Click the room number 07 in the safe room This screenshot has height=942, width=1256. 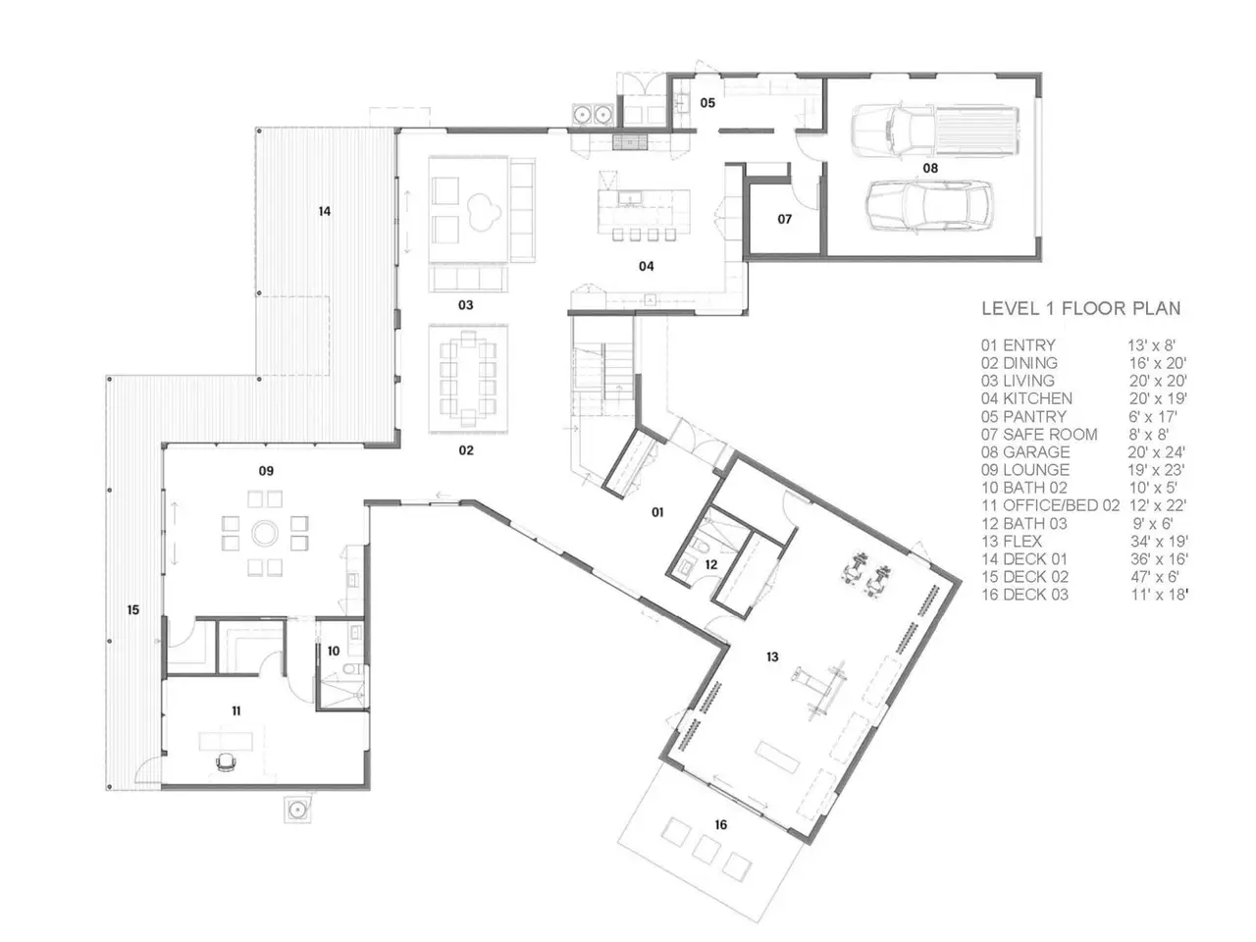coord(784,219)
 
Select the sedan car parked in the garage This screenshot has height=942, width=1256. coord(928,206)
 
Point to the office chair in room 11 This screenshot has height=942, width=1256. coord(226,761)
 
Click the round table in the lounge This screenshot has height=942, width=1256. coord(265,534)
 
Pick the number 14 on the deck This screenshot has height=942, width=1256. coord(325,211)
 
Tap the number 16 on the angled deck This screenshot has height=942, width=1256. coord(720,824)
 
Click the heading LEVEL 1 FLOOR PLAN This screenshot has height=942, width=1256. coord(1081,308)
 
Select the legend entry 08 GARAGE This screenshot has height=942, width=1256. coord(1024,451)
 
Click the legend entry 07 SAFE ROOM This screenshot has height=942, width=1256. coord(1039,434)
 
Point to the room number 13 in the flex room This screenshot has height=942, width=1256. coord(772,656)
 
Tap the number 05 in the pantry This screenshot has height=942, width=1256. coord(707,102)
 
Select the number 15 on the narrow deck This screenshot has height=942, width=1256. coord(133,609)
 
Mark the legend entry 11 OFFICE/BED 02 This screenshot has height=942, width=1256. coord(1050,505)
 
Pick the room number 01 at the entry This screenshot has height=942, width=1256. coord(657,512)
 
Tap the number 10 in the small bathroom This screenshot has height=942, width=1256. coord(334,651)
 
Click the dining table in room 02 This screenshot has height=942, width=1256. coord(468,378)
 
